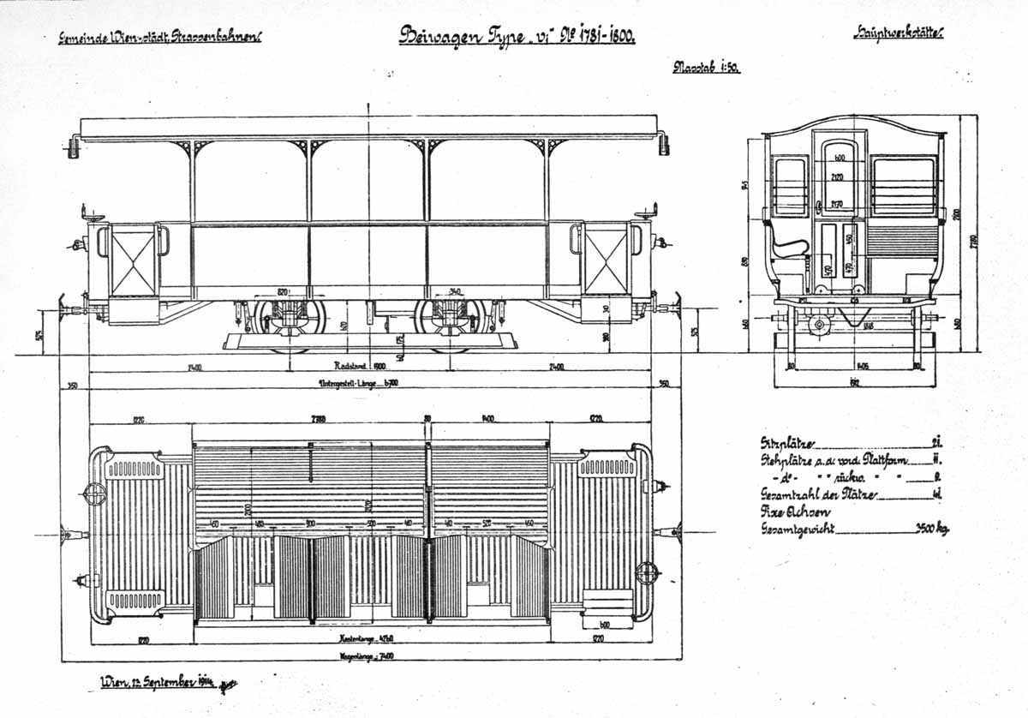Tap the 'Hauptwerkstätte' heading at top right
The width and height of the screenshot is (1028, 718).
click(897, 34)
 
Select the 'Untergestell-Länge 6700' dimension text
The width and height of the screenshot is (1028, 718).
click(369, 382)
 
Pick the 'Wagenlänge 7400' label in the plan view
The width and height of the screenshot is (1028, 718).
click(370, 656)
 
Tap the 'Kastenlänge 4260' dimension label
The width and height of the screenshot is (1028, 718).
click(370, 637)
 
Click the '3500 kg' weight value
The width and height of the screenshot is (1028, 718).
click(929, 529)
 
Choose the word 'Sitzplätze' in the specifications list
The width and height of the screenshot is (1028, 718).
click(788, 444)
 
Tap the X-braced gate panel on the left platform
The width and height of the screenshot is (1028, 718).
click(134, 260)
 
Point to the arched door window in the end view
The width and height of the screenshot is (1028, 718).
click(840, 172)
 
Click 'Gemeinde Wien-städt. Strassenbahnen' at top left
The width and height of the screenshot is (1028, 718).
click(159, 37)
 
